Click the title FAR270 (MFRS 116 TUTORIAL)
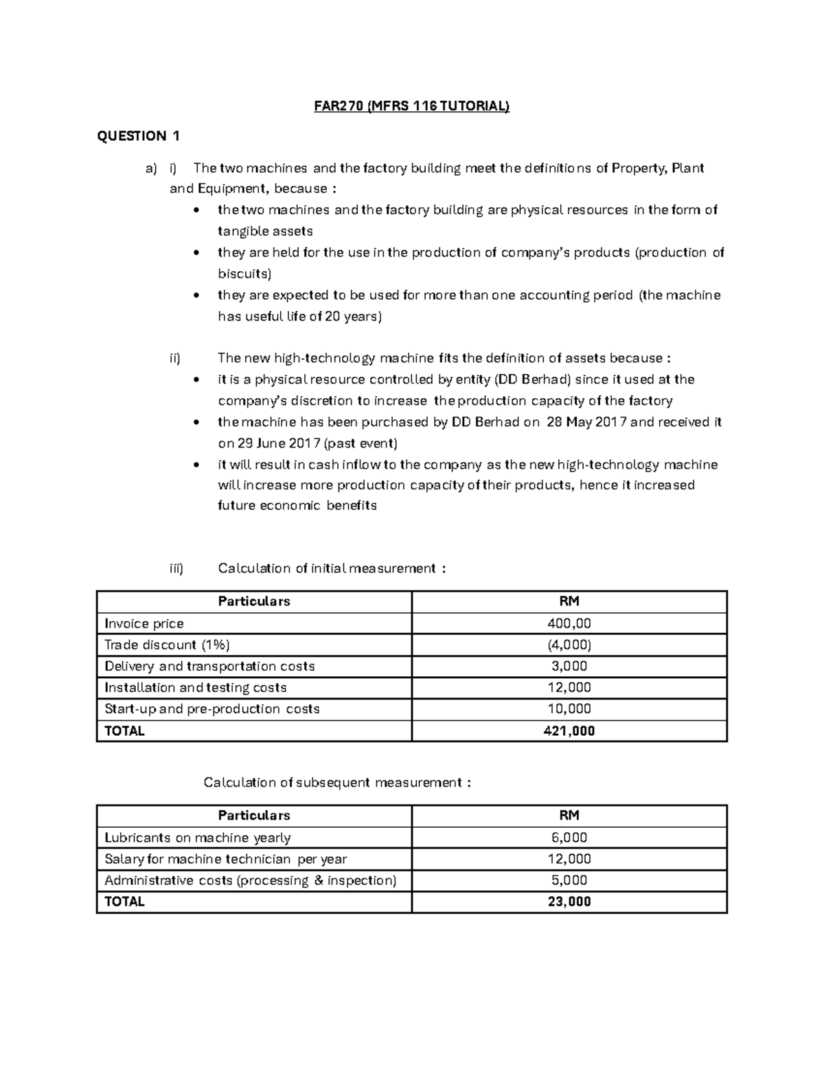(x=411, y=106)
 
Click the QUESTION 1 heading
(x=138, y=136)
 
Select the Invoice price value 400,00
(x=569, y=623)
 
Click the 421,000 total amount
(x=569, y=731)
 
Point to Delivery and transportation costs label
(x=209, y=666)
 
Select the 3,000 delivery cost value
(x=569, y=666)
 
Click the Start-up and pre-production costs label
(x=211, y=708)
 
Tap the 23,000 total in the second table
(x=569, y=902)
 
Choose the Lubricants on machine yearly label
(x=197, y=837)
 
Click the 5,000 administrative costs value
(x=569, y=880)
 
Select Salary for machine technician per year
(x=225, y=859)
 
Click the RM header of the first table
(x=569, y=601)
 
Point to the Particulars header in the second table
(x=253, y=815)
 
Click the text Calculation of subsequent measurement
(x=337, y=783)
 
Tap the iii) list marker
(x=176, y=568)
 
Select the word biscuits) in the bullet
(x=244, y=274)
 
